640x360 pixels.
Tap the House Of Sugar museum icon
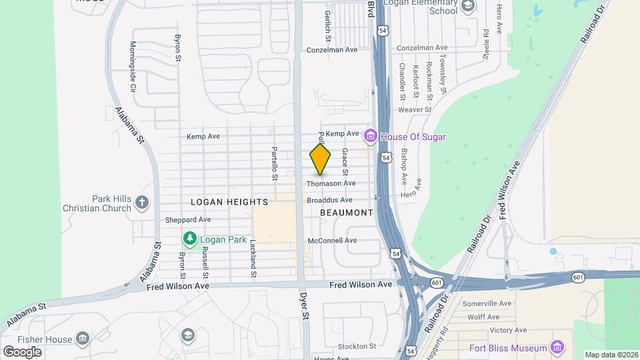click(x=371, y=137)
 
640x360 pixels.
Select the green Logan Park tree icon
click(x=190, y=239)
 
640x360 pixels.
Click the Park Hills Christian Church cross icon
click(x=141, y=202)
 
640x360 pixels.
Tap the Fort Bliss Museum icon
click(x=557, y=347)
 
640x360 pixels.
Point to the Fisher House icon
click(x=83, y=338)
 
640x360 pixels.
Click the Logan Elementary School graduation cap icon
click(x=468, y=6)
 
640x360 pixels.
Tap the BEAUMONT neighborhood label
click(x=346, y=213)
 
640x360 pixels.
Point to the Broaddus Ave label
click(x=329, y=200)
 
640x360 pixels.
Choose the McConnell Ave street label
click(x=332, y=240)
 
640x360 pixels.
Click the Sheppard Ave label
click(x=187, y=219)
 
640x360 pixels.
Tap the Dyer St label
click(x=305, y=304)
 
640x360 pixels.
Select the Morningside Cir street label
click(x=133, y=67)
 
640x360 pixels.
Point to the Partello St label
click(x=273, y=164)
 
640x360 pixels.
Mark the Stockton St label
click(x=357, y=346)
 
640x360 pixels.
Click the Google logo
click(x=22, y=351)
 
